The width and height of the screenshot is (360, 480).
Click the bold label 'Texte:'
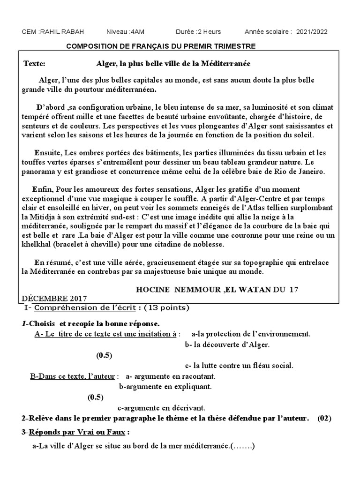(x=35, y=63)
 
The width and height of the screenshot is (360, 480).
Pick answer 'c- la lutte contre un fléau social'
(x=239, y=366)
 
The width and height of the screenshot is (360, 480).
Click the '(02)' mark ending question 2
(x=324, y=418)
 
